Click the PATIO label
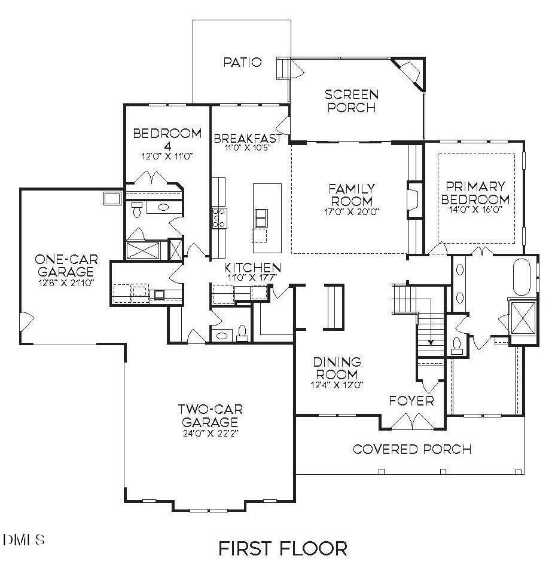pyautogui.click(x=242, y=62)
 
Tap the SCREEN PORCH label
pyautogui.click(x=352, y=102)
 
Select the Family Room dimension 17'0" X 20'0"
pyautogui.click(x=352, y=212)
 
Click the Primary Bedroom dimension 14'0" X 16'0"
pyautogui.click(x=475, y=210)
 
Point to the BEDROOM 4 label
pyautogui.click(x=167, y=139)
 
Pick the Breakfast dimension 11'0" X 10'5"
pyautogui.click(x=248, y=148)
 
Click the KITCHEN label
pyautogui.click(x=252, y=268)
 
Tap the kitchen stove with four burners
pyautogui.click(x=219, y=218)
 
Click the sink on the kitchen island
pyautogui.click(x=261, y=218)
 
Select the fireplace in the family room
pyautogui.click(x=414, y=199)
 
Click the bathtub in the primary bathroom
pyautogui.click(x=522, y=277)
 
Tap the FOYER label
pyautogui.click(x=411, y=401)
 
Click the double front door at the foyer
pyautogui.click(x=413, y=422)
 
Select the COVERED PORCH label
pyautogui.click(x=412, y=449)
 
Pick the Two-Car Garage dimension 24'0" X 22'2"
pyautogui.click(x=211, y=433)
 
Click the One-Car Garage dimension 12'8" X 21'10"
pyautogui.click(x=66, y=283)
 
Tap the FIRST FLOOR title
pyautogui.click(x=283, y=548)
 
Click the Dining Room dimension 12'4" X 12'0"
pyautogui.click(x=337, y=385)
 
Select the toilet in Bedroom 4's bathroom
pyautogui.click(x=137, y=210)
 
